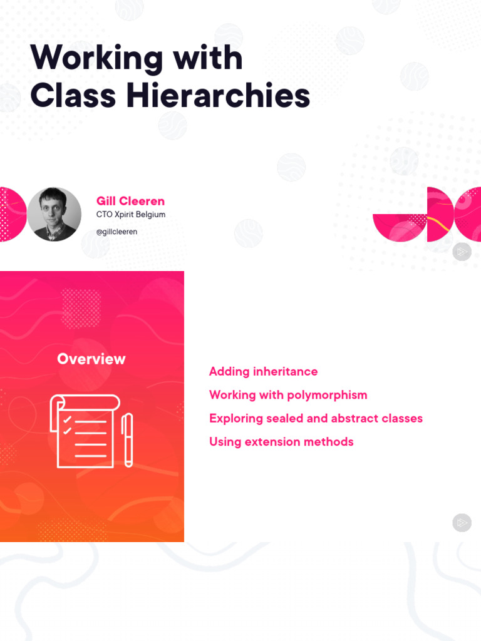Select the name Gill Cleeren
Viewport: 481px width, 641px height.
click(130, 201)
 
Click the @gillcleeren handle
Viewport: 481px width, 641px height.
click(116, 232)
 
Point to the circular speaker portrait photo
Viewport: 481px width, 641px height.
click(54, 214)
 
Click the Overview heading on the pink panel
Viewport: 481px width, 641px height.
click(91, 359)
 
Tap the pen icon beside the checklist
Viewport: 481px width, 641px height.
click(128, 439)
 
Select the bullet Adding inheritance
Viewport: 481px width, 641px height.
click(263, 372)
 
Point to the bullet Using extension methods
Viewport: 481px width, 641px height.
click(281, 442)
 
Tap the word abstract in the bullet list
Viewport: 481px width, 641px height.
click(356, 418)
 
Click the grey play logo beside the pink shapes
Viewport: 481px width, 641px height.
click(462, 252)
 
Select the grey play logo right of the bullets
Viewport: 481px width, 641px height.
click(462, 523)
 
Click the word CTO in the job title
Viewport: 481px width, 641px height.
click(104, 215)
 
